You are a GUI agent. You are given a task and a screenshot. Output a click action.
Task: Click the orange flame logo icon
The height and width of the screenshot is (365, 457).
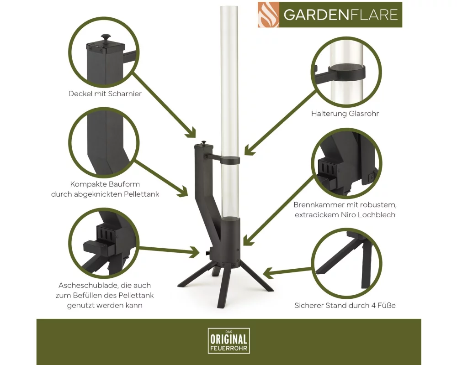pyautogui.click(x=268, y=15)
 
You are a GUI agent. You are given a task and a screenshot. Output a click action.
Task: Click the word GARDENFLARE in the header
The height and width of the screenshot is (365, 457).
pyautogui.click(x=341, y=15)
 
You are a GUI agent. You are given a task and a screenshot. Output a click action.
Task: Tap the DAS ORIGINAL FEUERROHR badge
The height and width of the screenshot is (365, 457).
pyautogui.click(x=229, y=340)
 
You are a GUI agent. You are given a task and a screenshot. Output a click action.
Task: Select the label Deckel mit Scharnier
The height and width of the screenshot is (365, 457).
pyautogui.click(x=105, y=94)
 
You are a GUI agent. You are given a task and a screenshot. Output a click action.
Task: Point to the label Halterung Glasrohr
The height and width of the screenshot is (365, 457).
pyautogui.click(x=345, y=114)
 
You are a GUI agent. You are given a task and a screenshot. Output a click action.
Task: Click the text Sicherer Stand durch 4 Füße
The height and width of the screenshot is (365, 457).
pyautogui.click(x=345, y=306)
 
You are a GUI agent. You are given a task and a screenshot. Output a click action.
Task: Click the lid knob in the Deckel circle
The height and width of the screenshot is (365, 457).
pyautogui.click(x=106, y=38)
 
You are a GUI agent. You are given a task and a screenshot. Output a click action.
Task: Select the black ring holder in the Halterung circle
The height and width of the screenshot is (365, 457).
pyautogui.click(x=347, y=73)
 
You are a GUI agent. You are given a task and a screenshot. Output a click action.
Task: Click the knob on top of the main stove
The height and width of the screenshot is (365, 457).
pyautogui.click(x=204, y=142)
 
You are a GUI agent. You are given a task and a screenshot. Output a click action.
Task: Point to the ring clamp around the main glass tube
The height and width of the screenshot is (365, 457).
pyautogui.click(x=230, y=160)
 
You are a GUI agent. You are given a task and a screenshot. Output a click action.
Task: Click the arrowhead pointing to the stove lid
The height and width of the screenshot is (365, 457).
pyautogui.click(x=191, y=133)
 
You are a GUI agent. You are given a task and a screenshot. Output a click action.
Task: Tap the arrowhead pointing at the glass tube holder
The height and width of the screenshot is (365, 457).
pyautogui.click(x=248, y=149)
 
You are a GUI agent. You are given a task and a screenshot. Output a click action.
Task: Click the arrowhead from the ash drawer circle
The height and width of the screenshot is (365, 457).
pyautogui.click(x=195, y=251)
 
